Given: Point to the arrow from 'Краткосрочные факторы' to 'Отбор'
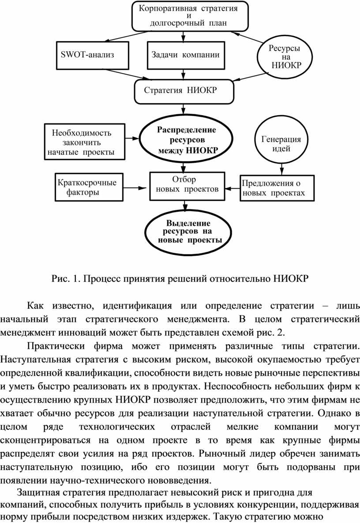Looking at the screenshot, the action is [135, 188].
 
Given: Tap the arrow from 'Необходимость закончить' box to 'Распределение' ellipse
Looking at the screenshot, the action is [132, 138].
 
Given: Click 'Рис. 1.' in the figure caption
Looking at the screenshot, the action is [66, 279].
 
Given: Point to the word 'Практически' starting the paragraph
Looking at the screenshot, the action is [56, 346].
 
